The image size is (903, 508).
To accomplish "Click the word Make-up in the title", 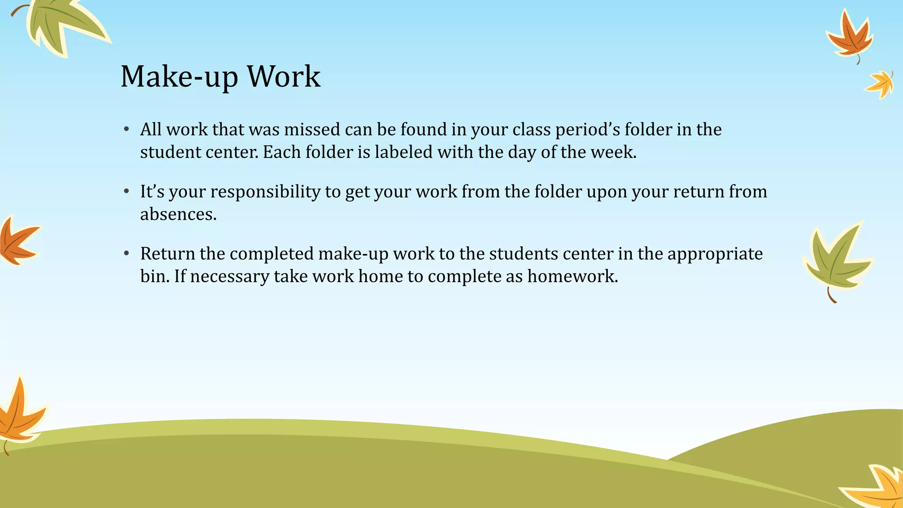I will click(x=179, y=77).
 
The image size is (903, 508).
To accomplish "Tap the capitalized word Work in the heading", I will click(x=284, y=77).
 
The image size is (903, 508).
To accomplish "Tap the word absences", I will click(x=178, y=214).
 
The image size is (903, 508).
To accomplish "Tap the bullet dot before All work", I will click(x=127, y=130).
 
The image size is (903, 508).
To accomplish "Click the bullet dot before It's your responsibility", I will click(x=127, y=192).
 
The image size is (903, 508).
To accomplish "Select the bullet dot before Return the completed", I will click(x=127, y=254).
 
